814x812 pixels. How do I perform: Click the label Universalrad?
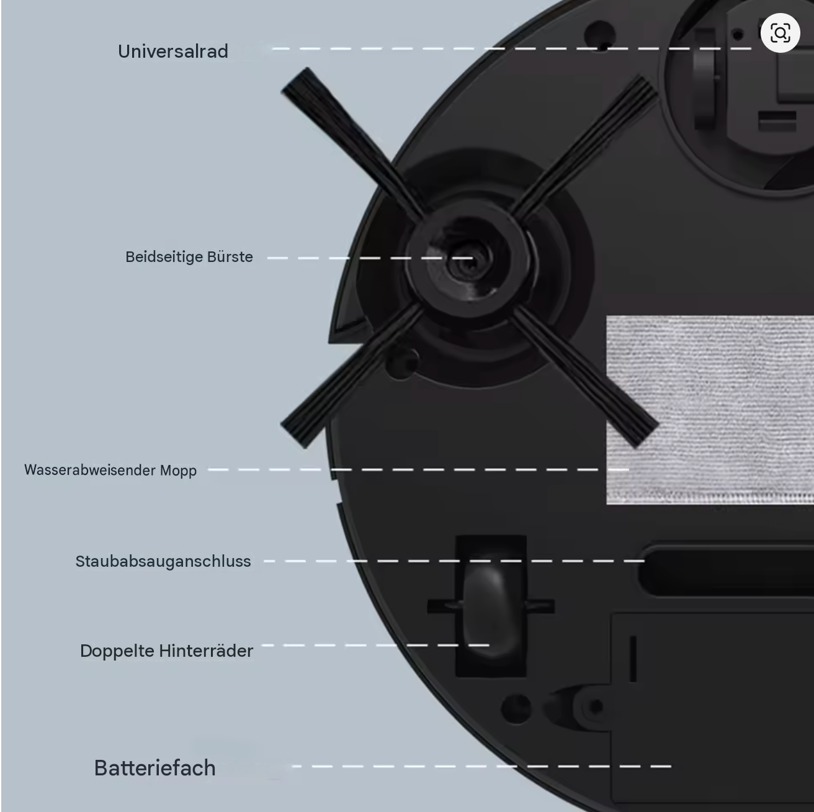click(x=172, y=51)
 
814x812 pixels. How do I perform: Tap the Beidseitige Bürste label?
click(x=189, y=257)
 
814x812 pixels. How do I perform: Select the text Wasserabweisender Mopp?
click(x=110, y=470)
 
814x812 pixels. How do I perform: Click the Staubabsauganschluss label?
click(x=163, y=561)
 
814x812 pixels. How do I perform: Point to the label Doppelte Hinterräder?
click(x=166, y=651)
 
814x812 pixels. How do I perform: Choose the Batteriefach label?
click(x=154, y=768)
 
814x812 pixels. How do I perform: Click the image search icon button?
click(x=780, y=33)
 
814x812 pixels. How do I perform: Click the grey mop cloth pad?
click(x=710, y=410)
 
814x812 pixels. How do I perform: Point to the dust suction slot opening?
click(x=727, y=571)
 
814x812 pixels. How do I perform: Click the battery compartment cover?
click(x=712, y=712)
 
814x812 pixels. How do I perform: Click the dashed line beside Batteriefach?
click(x=481, y=766)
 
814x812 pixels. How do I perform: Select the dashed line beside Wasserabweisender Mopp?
click(x=419, y=469)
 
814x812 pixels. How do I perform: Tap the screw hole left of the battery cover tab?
click(x=516, y=709)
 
